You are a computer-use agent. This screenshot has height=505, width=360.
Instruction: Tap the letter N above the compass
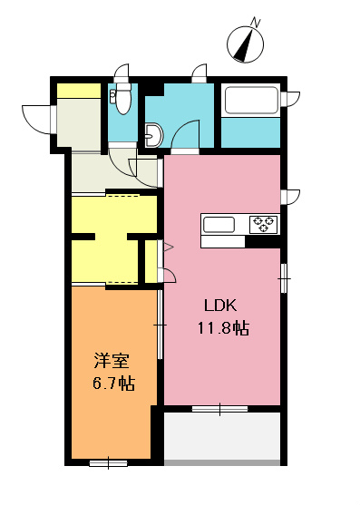coord(256,21)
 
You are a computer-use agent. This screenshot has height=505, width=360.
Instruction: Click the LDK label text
coord(219,306)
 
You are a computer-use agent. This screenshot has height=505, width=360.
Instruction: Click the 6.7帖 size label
coord(112,383)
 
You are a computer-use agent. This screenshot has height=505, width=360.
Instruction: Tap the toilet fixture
coord(122,99)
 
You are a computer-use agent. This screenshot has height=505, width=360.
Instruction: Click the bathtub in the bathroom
coord(250,101)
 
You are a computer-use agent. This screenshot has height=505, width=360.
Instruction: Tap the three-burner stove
coord(264,224)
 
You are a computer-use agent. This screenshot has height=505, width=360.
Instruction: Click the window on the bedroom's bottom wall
coord(108,462)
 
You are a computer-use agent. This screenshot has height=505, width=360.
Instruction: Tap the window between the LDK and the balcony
coord(219,410)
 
